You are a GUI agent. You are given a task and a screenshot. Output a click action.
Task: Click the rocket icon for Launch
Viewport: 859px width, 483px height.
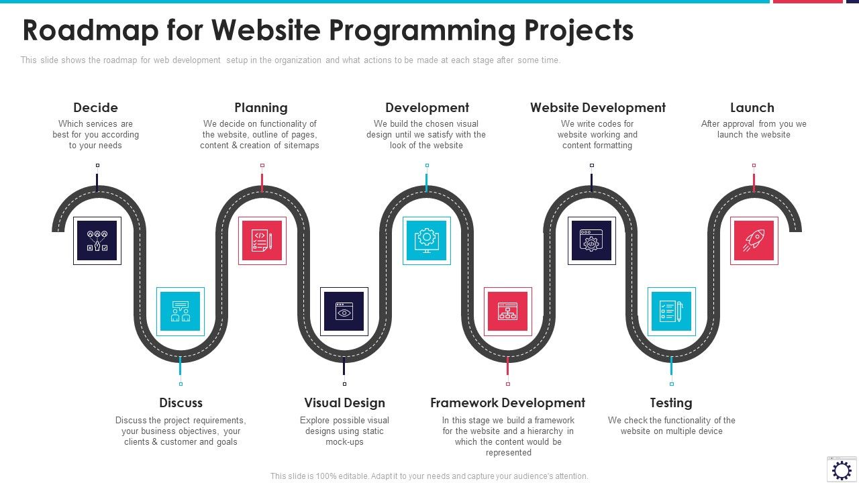(754, 241)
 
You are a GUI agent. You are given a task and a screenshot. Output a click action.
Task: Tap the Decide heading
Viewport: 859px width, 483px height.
(95, 107)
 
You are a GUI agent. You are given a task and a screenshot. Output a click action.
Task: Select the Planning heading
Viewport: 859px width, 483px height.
(261, 107)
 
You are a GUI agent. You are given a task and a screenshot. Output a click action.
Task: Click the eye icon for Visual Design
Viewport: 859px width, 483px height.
(344, 311)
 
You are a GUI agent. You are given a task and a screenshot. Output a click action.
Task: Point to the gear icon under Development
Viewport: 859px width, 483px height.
(427, 240)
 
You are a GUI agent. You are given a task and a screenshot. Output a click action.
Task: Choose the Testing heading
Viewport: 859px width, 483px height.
(671, 402)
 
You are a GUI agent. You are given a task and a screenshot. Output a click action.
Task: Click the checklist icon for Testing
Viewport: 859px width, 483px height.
(671, 311)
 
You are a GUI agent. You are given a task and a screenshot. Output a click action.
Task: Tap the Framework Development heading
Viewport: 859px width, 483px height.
(507, 402)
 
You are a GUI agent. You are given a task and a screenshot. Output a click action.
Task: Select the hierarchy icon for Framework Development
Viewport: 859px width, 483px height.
(508, 311)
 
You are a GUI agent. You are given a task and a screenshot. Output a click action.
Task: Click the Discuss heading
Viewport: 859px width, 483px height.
(181, 402)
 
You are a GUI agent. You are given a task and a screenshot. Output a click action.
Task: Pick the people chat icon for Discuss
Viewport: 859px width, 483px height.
(181, 311)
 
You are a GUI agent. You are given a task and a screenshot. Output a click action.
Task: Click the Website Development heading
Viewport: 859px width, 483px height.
(598, 107)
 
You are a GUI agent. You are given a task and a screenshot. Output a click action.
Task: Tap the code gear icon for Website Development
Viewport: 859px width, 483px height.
(591, 240)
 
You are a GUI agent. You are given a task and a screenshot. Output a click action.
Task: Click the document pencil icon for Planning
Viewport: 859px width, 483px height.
(262, 240)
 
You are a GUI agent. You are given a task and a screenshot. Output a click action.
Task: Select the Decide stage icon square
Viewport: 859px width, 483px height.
(97, 240)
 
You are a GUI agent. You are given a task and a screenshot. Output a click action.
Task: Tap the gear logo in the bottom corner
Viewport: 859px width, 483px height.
(842, 469)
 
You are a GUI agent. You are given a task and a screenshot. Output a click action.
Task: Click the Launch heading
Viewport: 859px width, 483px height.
(752, 107)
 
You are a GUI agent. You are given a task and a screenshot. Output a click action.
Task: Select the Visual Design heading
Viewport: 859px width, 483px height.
(344, 402)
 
